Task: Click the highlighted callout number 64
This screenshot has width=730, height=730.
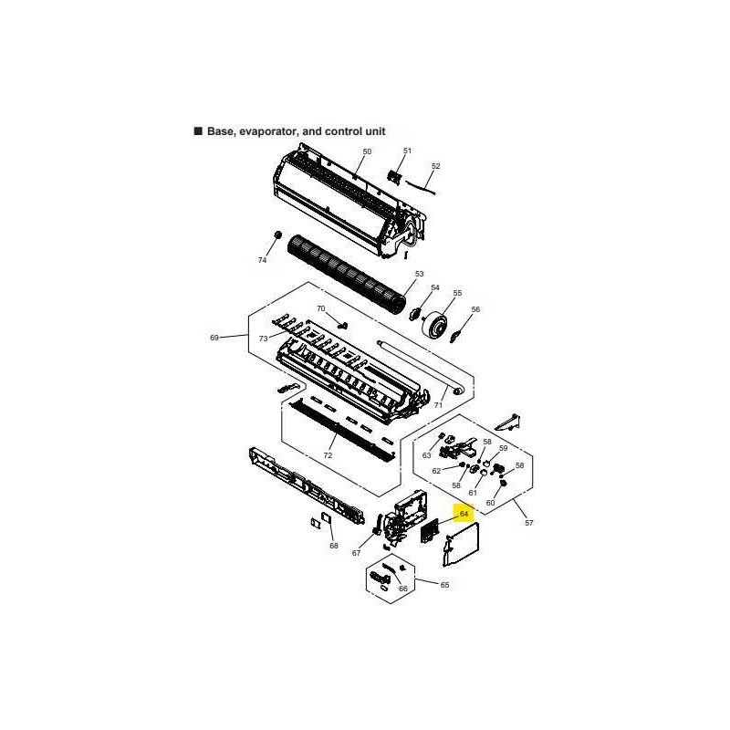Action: click(464, 514)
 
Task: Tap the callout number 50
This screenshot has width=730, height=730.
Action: click(367, 151)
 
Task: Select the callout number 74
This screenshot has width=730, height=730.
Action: click(262, 260)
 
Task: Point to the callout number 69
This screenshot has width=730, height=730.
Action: click(214, 338)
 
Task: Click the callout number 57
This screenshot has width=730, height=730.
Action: click(529, 523)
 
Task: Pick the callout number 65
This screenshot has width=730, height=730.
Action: click(444, 585)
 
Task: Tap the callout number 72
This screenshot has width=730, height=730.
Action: click(328, 454)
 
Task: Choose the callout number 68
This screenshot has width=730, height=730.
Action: click(334, 546)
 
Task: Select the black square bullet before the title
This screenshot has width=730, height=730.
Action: click(198, 130)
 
